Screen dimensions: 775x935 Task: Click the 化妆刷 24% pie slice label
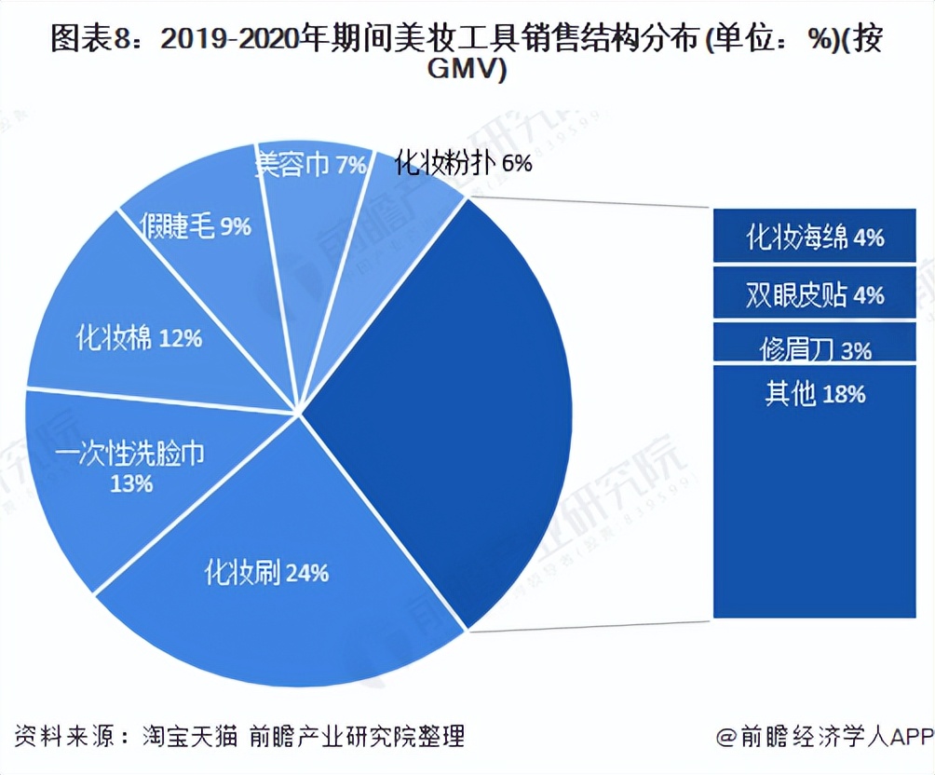266,572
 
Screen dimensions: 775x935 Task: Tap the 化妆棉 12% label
139,337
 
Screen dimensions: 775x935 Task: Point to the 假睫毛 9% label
196,225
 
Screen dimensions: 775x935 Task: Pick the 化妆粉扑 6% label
463,163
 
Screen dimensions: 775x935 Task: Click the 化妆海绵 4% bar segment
815,237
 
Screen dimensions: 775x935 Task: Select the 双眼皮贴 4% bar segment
815,294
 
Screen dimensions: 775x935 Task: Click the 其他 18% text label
815,394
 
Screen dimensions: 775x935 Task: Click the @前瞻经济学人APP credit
823,738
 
